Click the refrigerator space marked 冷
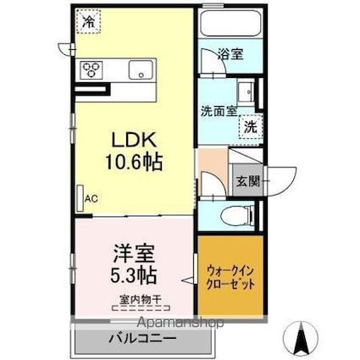point(88,21)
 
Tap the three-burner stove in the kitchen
point(91,69)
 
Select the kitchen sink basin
point(141,69)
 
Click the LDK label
point(134,141)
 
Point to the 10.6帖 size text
point(134,162)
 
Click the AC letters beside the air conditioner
point(91,199)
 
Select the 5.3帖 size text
point(133,275)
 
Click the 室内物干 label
point(140,299)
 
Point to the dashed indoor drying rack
point(141,308)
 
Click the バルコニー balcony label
point(142,338)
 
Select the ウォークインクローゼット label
point(230,277)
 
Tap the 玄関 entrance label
point(248,181)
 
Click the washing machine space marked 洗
point(251,127)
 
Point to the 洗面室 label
point(219,112)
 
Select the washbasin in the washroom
point(246,91)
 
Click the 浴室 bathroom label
point(230,54)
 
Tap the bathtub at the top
point(230,22)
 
